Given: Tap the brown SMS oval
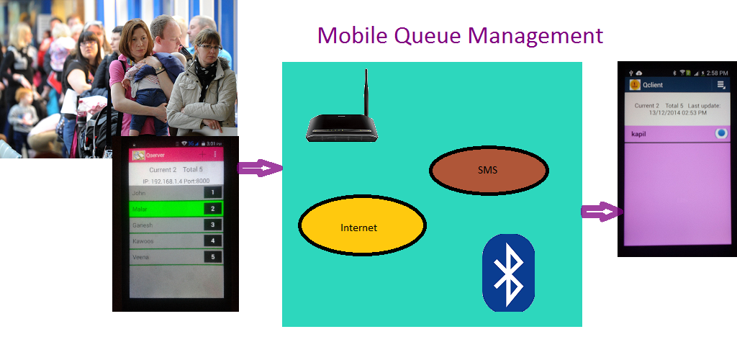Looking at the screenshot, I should pos(489,171).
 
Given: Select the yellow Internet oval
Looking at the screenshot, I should pos(361,226).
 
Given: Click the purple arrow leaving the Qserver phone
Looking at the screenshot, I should pos(260,168).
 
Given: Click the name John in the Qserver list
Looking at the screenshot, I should pos(140,193).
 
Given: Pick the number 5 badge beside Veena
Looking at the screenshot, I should pos(213,257).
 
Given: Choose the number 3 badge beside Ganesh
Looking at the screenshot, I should pos(213,225).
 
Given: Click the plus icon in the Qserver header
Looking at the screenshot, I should pos(202,155).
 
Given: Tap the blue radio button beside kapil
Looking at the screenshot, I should pos(721,134).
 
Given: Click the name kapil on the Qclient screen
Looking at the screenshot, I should pos(639,134).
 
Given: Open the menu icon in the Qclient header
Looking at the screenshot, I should pos(721,85).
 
